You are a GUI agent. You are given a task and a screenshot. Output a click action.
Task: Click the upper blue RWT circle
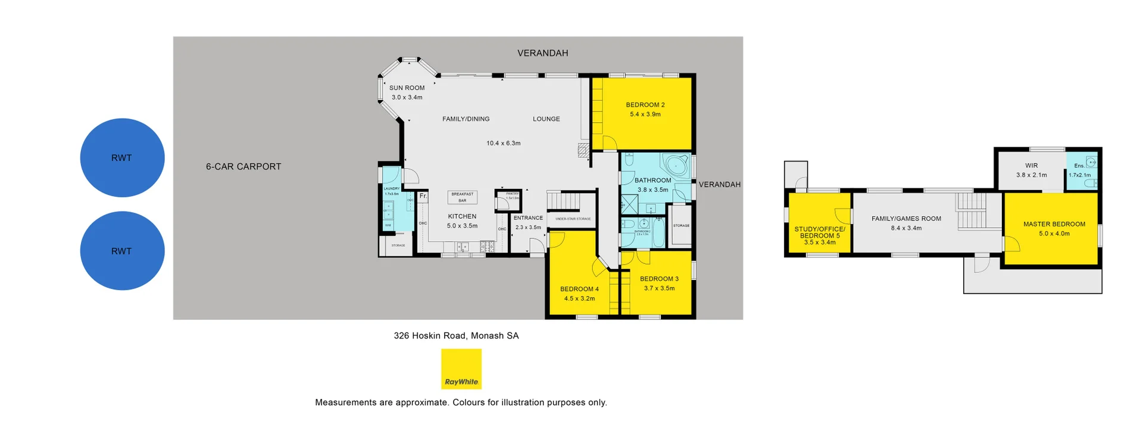pyautogui.click(x=122, y=158)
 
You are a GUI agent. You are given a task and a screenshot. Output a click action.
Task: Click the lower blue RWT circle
pyautogui.click(x=122, y=251)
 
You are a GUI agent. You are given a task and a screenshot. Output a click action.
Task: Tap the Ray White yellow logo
pyautogui.click(x=461, y=369)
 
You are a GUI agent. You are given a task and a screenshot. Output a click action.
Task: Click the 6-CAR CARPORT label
pyautogui.click(x=243, y=167)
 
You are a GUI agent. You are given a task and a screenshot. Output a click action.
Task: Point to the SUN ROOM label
pyautogui.click(x=407, y=88)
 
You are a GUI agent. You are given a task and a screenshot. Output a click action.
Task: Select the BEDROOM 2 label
pyautogui.click(x=645, y=105)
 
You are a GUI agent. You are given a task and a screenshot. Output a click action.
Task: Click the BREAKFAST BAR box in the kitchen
pyautogui.click(x=463, y=197)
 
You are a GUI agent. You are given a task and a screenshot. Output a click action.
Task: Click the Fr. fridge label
pyautogui.click(x=423, y=196)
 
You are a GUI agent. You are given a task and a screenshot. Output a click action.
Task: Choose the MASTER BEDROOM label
pyautogui.click(x=1054, y=225)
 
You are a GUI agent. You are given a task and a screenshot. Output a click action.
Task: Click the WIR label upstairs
pyautogui.click(x=1032, y=166)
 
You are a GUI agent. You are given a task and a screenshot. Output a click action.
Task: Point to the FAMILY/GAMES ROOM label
pyautogui.click(x=907, y=219)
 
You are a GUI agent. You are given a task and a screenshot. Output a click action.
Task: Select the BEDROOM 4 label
pyautogui.click(x=579, y=290)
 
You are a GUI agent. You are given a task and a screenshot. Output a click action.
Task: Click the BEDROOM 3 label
pyautogui.click(x=659, y=279)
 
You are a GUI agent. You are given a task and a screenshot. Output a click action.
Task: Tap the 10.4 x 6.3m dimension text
pyautogui.click(x=504, y=144)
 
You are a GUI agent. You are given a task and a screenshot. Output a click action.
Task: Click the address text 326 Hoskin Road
pyautogui.click(x=456, y=335)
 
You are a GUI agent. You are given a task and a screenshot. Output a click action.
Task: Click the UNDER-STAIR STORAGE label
pyautogui.click(x=573, y=219)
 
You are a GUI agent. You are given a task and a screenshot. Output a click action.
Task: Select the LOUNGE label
pyautogui.click(x=546, y=119)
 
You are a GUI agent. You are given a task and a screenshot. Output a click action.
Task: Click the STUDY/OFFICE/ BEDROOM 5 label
pyautogui.click(x=820, y=232)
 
